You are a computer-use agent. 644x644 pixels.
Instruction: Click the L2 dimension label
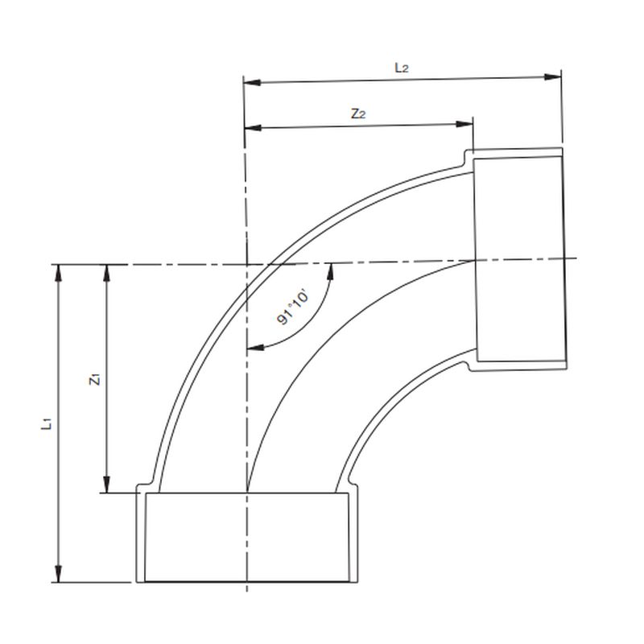point(402,68)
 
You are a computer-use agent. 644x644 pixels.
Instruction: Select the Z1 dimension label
point(95,379)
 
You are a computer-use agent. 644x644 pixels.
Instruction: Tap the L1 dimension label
point(47,422)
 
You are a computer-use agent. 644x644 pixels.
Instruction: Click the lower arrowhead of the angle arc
point(254,348)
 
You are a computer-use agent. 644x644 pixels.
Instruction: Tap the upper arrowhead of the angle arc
point(330,270)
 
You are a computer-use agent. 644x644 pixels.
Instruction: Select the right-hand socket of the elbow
point(519,258)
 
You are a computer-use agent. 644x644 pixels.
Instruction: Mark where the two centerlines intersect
point(246,263)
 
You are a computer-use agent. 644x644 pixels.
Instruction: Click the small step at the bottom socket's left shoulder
point(142,489)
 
